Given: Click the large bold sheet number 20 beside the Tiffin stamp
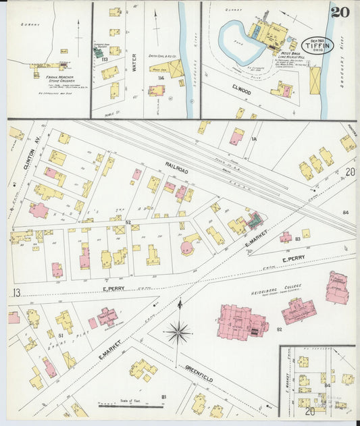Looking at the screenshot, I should point(340,11).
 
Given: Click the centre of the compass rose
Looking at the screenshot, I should point(179,331).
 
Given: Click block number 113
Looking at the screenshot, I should point(105,59).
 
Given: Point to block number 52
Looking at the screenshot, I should point(127,221).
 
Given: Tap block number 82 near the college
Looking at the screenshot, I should point(278,329).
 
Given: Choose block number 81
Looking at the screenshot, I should point(163,396).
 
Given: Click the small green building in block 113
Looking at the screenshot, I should point(98,52).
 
